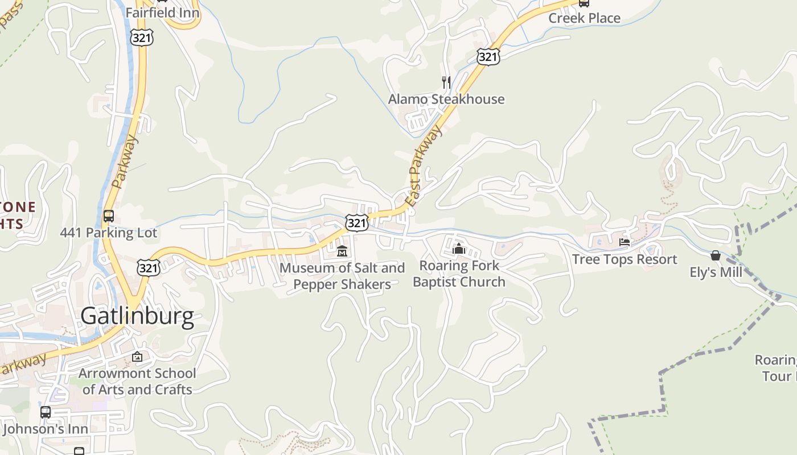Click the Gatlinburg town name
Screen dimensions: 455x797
137,316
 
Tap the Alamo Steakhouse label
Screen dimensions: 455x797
446,99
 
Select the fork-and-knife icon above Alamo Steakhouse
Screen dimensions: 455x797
446,82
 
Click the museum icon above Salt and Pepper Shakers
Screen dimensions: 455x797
342,250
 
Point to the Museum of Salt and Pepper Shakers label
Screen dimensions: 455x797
342,276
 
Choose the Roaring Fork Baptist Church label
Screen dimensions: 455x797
459,274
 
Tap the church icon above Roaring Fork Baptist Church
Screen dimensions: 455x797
459,249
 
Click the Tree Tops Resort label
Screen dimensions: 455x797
625,259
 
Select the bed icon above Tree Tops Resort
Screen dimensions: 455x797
625,242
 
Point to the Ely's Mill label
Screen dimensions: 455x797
716,272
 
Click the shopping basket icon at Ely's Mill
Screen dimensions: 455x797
716,255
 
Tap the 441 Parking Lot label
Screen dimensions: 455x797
109,233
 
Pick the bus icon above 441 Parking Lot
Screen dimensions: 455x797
109,216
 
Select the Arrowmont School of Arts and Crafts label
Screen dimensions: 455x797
137,382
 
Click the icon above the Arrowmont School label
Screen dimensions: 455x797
137,357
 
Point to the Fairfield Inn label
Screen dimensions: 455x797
162,12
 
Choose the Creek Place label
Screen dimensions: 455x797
584,18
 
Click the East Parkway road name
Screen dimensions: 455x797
424,167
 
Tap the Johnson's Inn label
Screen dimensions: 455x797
46,429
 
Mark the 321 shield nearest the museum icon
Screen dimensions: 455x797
357,222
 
